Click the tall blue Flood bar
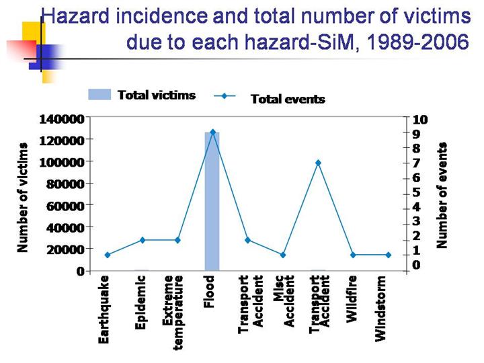212,202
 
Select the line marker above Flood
212,132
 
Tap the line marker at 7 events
317,163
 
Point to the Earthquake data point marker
108,255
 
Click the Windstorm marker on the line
388,255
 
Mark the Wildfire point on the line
353,255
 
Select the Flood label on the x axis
209,291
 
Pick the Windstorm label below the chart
381,309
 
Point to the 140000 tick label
62,118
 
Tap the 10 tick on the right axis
420,119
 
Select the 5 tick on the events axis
417,192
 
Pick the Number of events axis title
442,195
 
